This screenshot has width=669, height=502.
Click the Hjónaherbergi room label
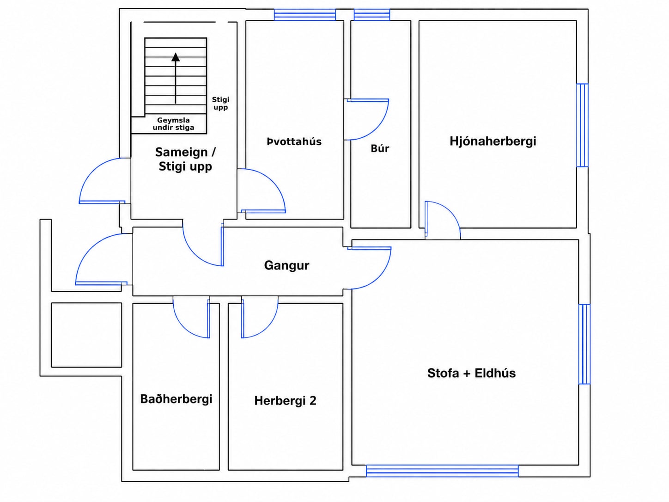pos(493,141)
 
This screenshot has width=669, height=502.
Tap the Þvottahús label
pos(294,142)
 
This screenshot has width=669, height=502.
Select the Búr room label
pos(380,148)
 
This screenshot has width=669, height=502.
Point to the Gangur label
pos(286,265)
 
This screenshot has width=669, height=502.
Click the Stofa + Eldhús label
pos(472,373)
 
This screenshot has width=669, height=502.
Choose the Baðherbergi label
pos(176,399)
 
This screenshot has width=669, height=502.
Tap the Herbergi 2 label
pos(285,400)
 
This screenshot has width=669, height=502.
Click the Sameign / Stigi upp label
pos(185,159)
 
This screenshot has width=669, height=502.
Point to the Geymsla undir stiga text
pos(173,124)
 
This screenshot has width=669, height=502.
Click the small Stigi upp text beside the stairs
pos(221,104)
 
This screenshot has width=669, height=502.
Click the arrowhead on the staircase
pos(176,57)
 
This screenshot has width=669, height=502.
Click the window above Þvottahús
pos(305,15)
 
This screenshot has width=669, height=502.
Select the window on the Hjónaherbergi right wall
pos(582,125)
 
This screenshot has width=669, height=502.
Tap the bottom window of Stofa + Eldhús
pos(442,471)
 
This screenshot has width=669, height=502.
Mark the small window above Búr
pos(372,15)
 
